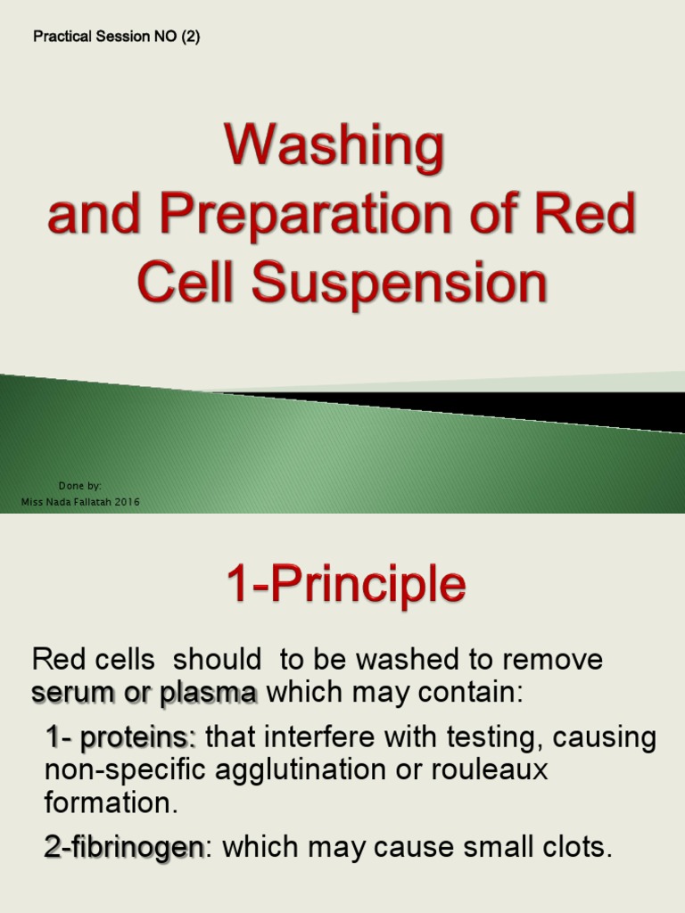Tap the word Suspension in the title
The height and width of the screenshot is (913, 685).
(399, 284)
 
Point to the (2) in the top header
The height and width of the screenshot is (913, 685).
(190, 37)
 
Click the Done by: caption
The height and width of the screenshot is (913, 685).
(79, 486)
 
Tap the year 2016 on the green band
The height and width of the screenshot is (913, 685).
(126, 502)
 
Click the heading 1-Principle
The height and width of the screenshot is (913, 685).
(345, 586)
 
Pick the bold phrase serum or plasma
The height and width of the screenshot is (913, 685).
(144, 692)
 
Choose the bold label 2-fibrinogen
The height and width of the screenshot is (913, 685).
(125, 848)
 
